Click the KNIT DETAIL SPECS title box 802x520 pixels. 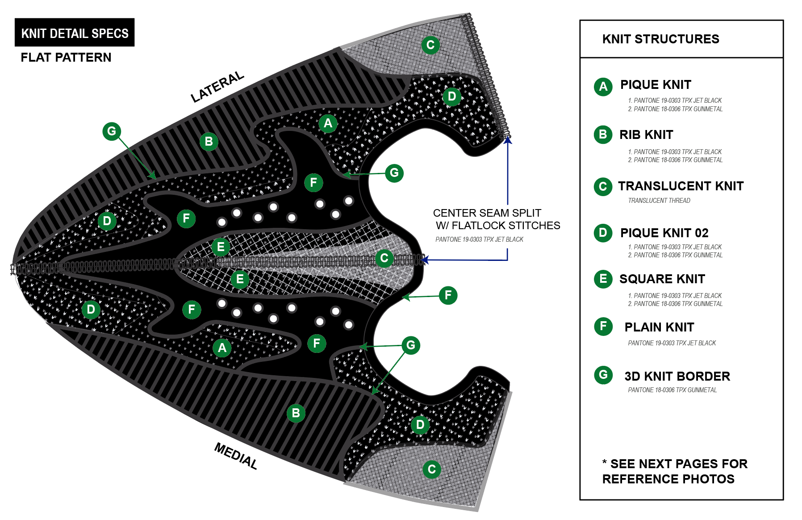[75, 33]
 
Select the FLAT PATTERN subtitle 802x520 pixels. [66, 57]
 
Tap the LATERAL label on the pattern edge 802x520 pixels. [217, 87]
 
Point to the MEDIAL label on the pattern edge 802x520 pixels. [236, 456]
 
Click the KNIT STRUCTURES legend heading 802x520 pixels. [660, 39]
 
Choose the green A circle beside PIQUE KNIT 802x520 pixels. [603, 87]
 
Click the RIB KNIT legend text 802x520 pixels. [646, 135]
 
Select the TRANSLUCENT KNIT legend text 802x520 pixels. [681, 186]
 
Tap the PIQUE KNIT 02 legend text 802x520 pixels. [664, 233]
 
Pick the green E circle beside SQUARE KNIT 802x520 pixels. [603, 279]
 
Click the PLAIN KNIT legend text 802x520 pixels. [659, 327]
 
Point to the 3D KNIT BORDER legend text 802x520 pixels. [677, 376]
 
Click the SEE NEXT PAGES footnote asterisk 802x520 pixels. [605, 462]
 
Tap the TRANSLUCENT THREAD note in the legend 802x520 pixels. [659, 201]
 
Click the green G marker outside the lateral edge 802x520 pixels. [112, 131]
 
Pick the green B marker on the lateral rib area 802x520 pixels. [209, 142]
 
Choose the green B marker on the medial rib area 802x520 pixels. [296, 413]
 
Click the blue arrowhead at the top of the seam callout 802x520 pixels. [508, 140]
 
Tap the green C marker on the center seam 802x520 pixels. [384, 258]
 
